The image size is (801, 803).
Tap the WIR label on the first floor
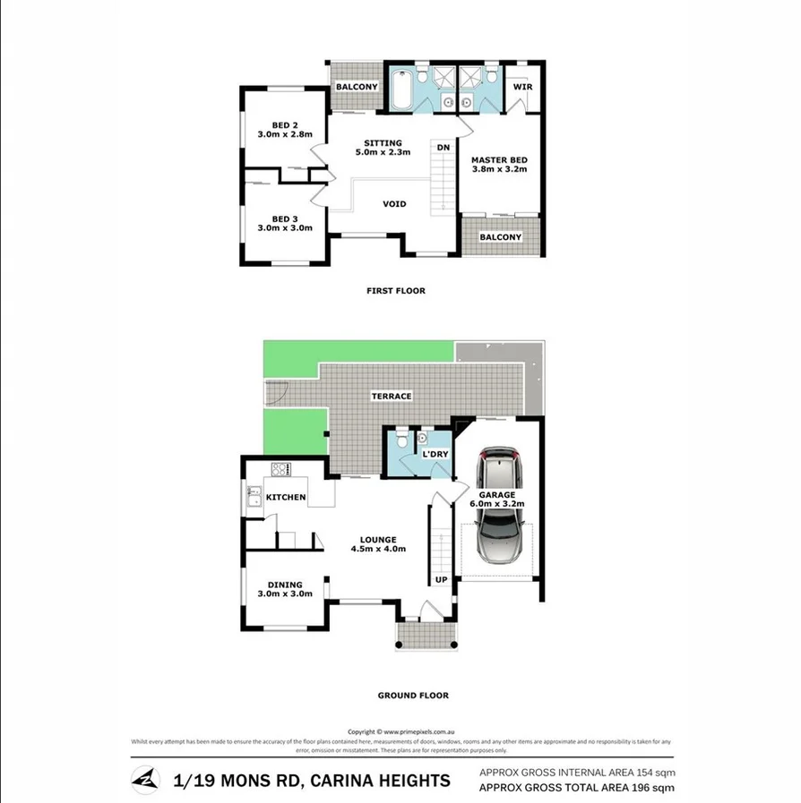(522, 87)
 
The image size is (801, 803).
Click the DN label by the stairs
(443, 147)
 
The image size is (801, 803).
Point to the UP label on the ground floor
(441, 579)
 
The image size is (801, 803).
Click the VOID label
(394, 204)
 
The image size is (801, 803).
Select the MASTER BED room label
(499, 159)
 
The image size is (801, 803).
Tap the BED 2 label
(285, 124)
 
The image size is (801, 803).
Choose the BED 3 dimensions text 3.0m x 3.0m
(285, 228)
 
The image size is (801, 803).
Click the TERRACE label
(392, 396)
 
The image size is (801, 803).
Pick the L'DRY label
(435, 455)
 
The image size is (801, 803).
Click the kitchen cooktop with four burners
(280, 468)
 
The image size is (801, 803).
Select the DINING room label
(284, 585)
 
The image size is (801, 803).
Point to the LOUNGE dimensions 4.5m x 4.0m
(378, 549)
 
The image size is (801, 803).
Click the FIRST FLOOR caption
(395, 290)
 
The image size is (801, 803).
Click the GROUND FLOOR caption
(413, 695)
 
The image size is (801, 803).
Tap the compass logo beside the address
(143, 780)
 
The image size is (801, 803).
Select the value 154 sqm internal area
(656, 772)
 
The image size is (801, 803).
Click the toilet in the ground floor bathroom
(400, 440)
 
